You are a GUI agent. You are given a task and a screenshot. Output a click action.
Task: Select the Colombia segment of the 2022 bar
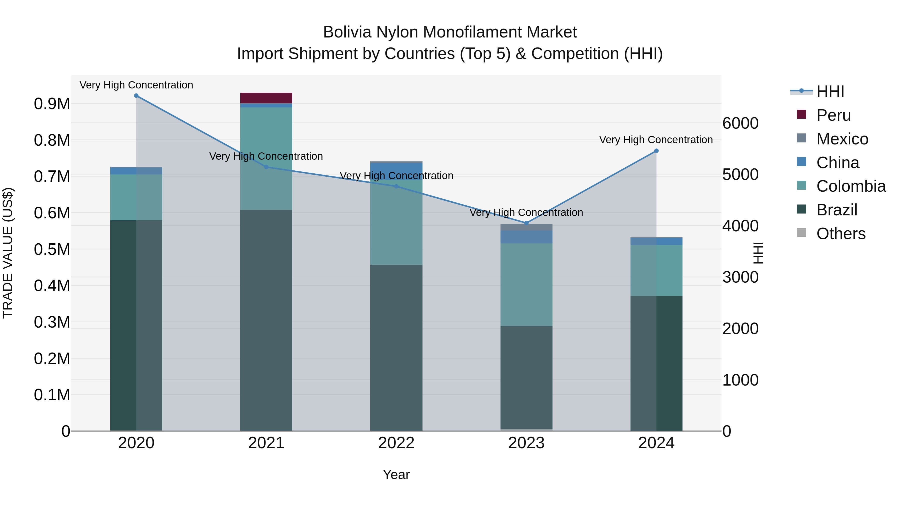[x=396, y=223]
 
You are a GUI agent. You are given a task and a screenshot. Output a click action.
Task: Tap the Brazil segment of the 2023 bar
[x=526, y=377]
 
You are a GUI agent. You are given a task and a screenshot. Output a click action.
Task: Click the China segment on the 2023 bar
[x=526, y=237]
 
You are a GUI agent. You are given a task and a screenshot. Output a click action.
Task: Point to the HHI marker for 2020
[x=136, y=96]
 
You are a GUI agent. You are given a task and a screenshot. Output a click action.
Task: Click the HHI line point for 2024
[x=656, y=151]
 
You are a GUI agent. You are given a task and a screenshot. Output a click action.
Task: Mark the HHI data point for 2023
[x=526, y=223]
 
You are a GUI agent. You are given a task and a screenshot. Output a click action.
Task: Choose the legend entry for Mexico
[x=842, y=139]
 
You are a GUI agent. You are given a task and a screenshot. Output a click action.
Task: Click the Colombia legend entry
[x=851, y=186]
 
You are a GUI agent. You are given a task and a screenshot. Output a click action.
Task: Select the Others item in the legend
[x=840, y=234]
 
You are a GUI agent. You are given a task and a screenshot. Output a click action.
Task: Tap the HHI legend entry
[x=830, y=91]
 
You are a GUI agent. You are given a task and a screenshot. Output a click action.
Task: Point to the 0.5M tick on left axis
[x=52, y=249]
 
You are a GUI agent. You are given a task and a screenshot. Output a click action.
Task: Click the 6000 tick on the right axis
[x=740, y=123]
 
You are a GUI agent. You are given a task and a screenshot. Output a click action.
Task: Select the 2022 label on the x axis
[x=396, y=443]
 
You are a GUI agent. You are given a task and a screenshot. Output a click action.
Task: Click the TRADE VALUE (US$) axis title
[x=8, y=253]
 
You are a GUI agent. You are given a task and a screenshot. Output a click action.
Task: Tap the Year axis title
[x=396, y=475]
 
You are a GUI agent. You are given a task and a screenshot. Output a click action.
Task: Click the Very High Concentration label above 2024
[x=656, y=140]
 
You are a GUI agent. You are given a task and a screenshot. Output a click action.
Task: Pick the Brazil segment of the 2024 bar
[x=656, y=363]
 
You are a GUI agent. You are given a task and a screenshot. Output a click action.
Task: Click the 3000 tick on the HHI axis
[x=740, y=277]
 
